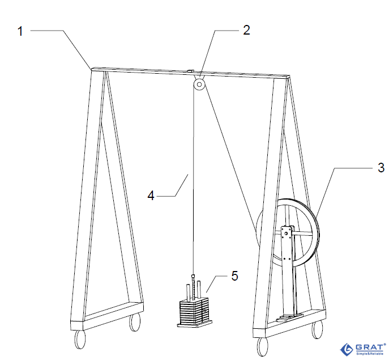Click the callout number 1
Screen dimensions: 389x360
pyautogui.click(x=20, y=31)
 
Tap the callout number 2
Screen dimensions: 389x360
pyautogui.click(x=246, y=30)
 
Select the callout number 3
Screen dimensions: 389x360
pyautogui.click(x=381, y=167)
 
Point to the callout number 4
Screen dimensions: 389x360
pyautogui.click(x=151, y=195)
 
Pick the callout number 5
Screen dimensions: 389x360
pyautogui.click(x=234, y=276)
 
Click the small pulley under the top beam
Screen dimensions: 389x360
pyautogui.click(x=199, y=84)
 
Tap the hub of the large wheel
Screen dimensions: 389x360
pyautogui.click(x=286, y=234)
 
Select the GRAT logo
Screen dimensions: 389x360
pyautogui.click(x=363, y=349)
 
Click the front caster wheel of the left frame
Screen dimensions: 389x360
pyautogui.click(x=80, y=340)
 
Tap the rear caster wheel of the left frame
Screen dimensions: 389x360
pyautogui.click(x=134, y=322)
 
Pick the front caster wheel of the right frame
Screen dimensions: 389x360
pyautogui.click(x=263, y=347)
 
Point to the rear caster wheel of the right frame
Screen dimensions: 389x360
pyautogui.click(x=317, y=329)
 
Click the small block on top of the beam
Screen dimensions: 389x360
pyautogui.click(x=190, y=71)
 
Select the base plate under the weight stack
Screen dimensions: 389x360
pyautogui.click(x=195, y=324)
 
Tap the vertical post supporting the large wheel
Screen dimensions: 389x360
pyautogui.click(x=288, y=271)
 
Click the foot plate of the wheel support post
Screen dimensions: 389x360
pyautogui.click(x=289, y=318)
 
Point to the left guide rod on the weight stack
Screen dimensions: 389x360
pyautogui.click(x=189, y=292)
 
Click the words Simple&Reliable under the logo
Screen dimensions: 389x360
pyautogui.click(x=370, y=354)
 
